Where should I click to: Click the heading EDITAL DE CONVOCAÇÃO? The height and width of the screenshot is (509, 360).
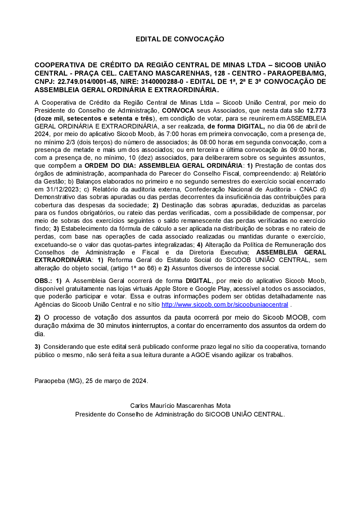180,39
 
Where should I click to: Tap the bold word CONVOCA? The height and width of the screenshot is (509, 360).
178,111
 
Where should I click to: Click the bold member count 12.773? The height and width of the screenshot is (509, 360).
316,111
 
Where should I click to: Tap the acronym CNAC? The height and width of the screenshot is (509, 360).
308,189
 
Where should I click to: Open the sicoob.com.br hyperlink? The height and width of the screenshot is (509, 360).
225,305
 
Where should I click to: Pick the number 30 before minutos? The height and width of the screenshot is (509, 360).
101,326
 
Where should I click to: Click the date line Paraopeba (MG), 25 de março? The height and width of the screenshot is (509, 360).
91,381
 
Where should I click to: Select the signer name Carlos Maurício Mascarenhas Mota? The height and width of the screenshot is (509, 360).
180,406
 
